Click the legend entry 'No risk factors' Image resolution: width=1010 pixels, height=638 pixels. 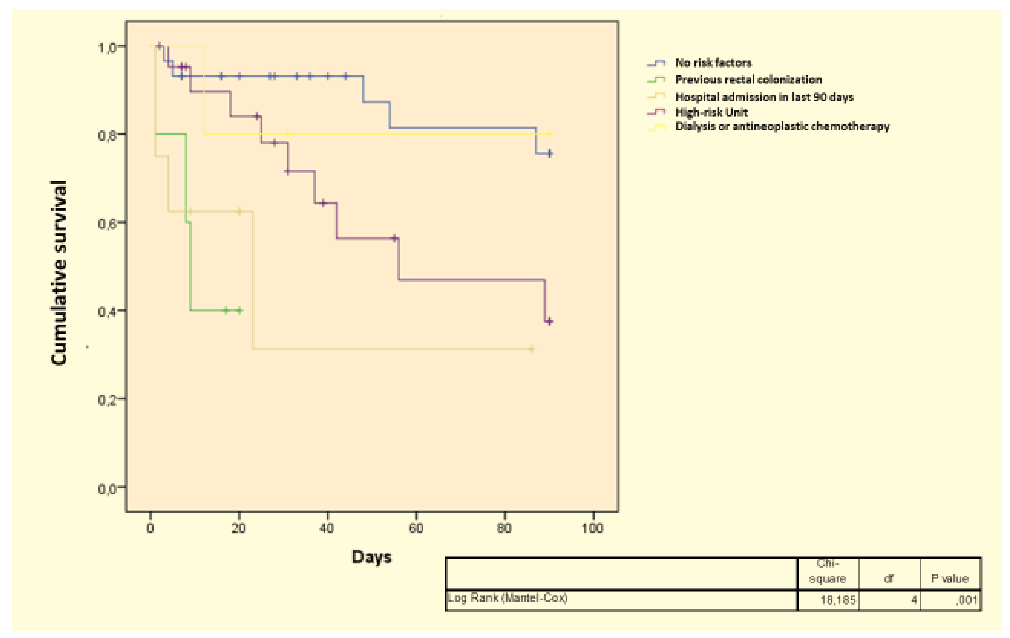(x=713, y=63)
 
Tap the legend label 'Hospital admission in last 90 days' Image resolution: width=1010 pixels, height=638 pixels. (x=764, y=97)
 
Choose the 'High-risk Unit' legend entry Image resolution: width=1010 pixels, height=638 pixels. (x=711, y=112)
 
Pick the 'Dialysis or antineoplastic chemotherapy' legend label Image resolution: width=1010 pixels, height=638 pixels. (x=782, y=127)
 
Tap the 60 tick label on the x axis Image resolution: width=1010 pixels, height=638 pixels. (x=416, y=528)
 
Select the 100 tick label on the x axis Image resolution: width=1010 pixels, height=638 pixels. (x=592, y=528)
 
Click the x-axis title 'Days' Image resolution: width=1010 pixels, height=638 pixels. (x=371, y=557)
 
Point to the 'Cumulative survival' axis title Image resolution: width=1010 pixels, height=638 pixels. (x=59, y=273)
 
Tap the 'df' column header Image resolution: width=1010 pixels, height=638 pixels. (x=888, y=579)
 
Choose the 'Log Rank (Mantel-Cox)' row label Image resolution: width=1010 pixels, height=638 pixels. (x=508, y=598)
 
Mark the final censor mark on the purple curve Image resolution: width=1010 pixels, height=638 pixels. (x=549, y=321)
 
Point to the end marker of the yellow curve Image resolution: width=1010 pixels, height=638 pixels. (x=549, y=134)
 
